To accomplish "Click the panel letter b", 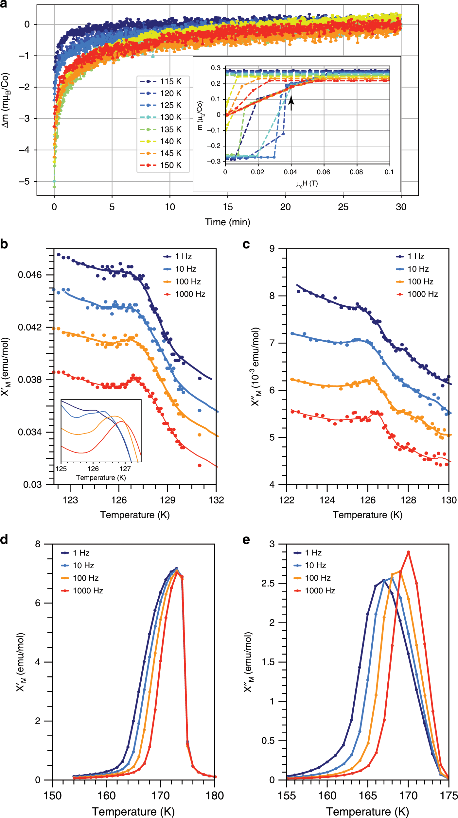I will (x=4, y=244).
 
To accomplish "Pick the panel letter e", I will (x=246, y=539).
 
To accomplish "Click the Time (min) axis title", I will (x=227, y=222).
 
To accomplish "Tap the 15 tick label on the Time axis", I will (x=228, y=207).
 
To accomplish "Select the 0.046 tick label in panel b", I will (x=30, y=275).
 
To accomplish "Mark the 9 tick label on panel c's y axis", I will (x=272, y=249).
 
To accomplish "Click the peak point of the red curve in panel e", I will (x=408, y=552).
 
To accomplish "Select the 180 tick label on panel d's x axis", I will (x=215, y=795).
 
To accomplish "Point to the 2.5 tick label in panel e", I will (x=268, y=584).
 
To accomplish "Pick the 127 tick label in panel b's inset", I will (x=125, y=469).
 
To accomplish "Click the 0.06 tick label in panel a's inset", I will (x=323, y=172).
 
